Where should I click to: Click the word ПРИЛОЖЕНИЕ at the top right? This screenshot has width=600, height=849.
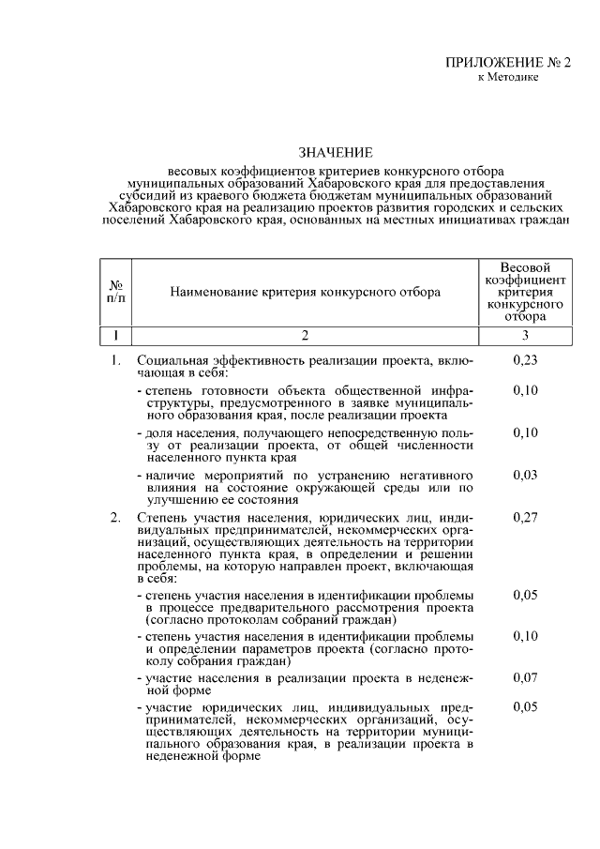pos(491,63)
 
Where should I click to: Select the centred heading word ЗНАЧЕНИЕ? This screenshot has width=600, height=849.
pos(336,152)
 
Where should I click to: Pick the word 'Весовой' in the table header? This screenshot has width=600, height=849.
pos(525,268)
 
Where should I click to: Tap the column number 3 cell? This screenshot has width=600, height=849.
pos(526,335)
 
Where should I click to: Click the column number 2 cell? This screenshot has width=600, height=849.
pos(305,335)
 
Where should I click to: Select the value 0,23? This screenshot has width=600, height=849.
pos(526,360)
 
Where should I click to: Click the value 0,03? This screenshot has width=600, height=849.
pos(526,476)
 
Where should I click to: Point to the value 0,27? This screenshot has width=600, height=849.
pos(526,517)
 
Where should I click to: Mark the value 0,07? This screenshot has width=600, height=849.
pos(526,676)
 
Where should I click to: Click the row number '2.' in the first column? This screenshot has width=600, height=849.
pos(115,517)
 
